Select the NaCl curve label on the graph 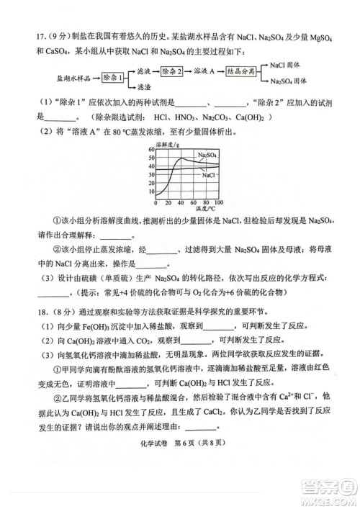(x=209, y=174)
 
